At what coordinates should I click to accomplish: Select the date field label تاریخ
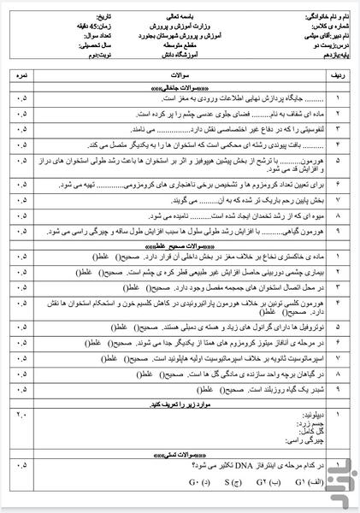[66, 17]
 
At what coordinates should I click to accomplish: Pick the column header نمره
[19, 74]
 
